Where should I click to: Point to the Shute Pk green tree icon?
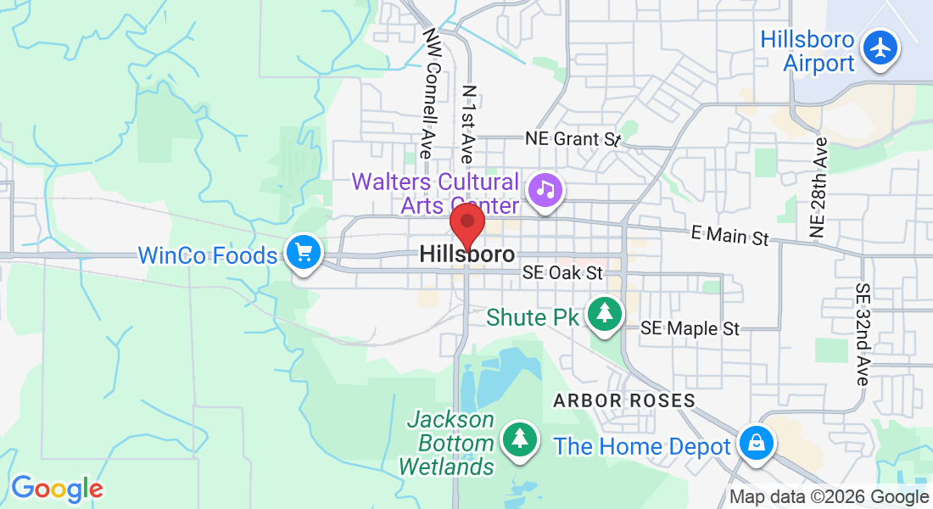[x=605, y=313]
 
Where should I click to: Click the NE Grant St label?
[x=573, y=138]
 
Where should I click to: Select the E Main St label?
[x=729, y=236]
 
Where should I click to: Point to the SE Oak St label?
[x=562, y=273]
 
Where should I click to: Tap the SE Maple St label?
[x=690, y=327]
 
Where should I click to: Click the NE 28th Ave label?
[x=818, y=187]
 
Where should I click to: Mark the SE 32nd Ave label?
[x=863, y=334]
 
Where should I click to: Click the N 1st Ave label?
[x=467, y=124]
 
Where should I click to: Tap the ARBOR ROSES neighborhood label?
[x=623, y=400]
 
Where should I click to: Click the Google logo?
[x=56, y=489]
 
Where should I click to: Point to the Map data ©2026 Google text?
[x=829, y=497]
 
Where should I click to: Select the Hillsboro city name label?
[x=466, y=255]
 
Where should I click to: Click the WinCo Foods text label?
[x=207, y=255]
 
